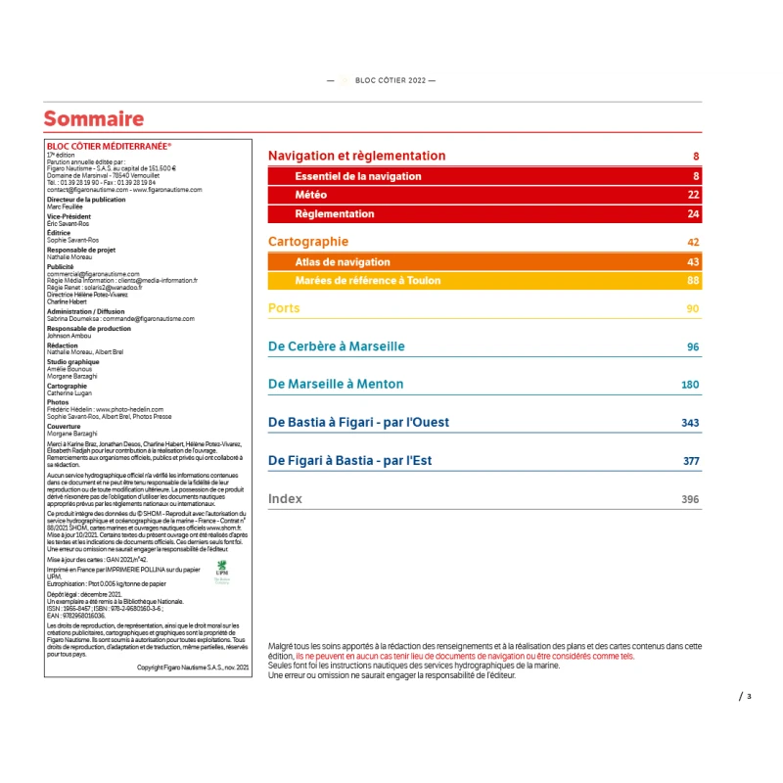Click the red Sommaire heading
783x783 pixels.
(94, 119)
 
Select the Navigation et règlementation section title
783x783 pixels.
(356, 156)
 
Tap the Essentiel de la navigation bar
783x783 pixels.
(358, 176)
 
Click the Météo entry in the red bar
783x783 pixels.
(311, 195)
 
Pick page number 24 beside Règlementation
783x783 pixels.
(693, 213)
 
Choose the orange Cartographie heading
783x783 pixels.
(308, 242)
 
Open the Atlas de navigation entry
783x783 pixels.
(343, 261)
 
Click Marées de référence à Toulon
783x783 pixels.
(368, 280)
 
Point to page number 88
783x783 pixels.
(693, 280)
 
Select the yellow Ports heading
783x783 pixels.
(284, 308)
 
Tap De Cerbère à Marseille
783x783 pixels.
(336, 346)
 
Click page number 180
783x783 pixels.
(690, 385)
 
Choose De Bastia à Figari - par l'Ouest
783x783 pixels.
(358, 423)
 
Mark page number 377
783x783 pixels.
(691, 461)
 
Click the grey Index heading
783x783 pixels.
(285, 499)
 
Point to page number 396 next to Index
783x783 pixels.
(690, 499)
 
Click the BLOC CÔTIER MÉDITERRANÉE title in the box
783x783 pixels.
(109, 146)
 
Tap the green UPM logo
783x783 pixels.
(221, 570)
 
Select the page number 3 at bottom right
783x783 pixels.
(749, 697)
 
